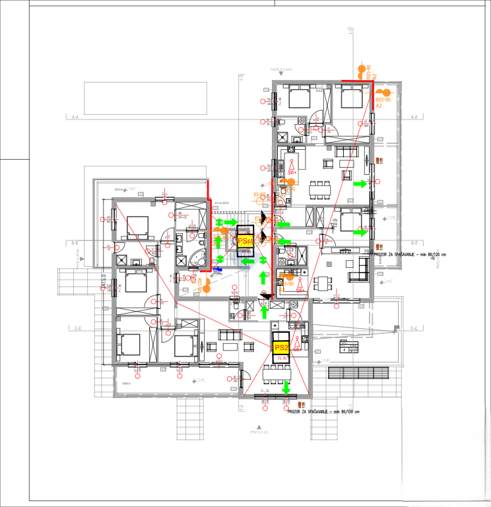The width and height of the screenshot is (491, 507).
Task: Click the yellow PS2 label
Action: (x=281, y=347)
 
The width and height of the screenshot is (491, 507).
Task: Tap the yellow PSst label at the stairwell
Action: (x=244, y=241)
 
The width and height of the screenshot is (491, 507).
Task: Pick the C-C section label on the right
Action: (x=414, y=328)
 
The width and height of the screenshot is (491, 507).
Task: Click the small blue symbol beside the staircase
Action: (x=218, y=269)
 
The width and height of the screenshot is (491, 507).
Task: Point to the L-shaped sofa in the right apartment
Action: (x=362, y=267)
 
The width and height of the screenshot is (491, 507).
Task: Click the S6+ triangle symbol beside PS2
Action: (x=298, y=341)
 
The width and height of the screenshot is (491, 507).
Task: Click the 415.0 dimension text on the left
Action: (x=103, y=283)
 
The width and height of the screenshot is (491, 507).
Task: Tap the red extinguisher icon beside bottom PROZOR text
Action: (x=300, y=403)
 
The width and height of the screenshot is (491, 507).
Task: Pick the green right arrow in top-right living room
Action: (x=360, y=184)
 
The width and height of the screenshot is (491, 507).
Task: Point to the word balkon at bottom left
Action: (x=127, y=382)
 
